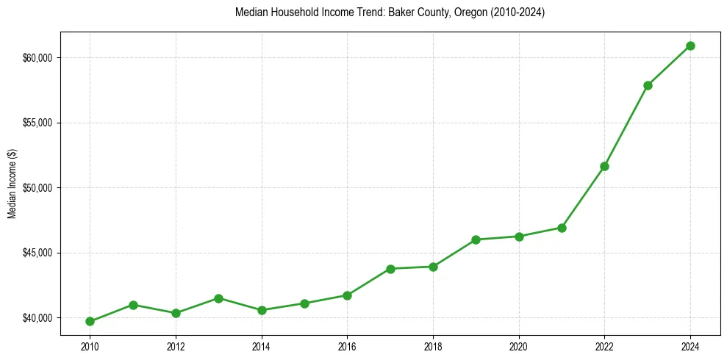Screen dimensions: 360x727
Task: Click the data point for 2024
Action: pyautogui.click(x=690, y=46)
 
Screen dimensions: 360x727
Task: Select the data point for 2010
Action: pyautogui.click(x=90, y=321)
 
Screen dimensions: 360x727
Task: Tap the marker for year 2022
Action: pyautogui.click(x=604, y=166)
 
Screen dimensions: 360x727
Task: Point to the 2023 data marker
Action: pyautogui.click(x=648, y=85)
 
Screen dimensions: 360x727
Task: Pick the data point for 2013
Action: pyautogui.click(x=218, y=298)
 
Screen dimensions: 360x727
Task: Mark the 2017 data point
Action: pyautogui.click(x=390, y=269)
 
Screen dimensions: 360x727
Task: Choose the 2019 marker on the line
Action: pyautogui.click(x=476, y=240)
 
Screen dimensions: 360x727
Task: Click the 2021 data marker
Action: pyautogui.click(x=562, y=228)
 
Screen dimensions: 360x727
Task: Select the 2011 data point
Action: pyautogui.click(x=133, y=305)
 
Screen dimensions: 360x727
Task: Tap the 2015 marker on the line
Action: pyautogui.click(x=304, y=303)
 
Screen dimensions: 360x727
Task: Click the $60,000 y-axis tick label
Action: pyautogui.click(x=37, y=58)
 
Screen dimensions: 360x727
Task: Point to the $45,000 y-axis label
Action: pyautogui.click(x=37, y=253)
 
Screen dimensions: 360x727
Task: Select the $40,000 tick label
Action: pyautogui.click(x=37, y=318)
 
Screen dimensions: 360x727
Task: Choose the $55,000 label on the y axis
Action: pyautogui.click(x=37, y=123)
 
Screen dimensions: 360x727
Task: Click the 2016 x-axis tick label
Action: pyautogui.click(x=347, y=345)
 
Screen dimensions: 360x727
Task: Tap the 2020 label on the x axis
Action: pyautogui.click(x=519, y=345)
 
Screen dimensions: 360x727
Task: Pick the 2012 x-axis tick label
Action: pyautogui.click(x=176, y=345)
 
